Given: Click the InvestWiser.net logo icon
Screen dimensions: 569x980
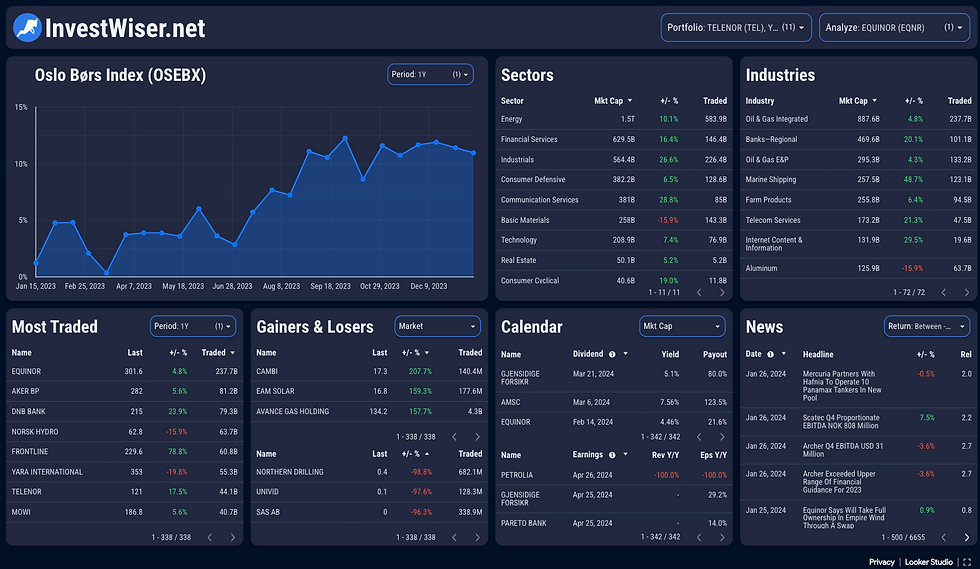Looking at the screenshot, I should point(27,28).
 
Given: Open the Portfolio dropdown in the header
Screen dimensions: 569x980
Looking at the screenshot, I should point(736,28).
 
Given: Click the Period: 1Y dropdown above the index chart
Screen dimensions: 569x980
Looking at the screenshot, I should point(429,74).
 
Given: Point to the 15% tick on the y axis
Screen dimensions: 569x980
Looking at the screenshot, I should point(21,107).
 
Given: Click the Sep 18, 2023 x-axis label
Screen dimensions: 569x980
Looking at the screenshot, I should point(330,286).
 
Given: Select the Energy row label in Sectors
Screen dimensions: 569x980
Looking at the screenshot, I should point(511,119).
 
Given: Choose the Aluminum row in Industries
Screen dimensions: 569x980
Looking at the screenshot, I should point(761,268).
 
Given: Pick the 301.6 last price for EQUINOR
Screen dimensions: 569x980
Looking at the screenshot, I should point(133,371).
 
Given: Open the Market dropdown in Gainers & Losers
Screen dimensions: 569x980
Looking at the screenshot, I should point(436,326).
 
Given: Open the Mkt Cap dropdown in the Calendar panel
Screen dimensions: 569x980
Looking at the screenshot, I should point(682,326).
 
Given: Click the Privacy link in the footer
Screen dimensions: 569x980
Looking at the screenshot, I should point(881,562).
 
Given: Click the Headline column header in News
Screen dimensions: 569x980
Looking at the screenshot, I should point(818,354).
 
